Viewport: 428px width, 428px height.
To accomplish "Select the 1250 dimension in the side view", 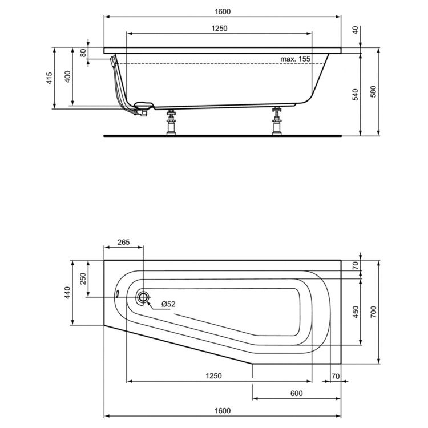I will click(x=219, y=29).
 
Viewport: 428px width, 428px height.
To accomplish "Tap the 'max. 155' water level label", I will click(x=295, y=59).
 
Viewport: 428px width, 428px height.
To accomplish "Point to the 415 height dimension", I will click(x=50, y=79).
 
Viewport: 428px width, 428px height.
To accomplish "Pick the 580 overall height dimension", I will click(x=374, y=93).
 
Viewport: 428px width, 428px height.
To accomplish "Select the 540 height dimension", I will click(x=355, y=95).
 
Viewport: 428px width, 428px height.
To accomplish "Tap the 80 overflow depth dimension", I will click(x=84, y=53).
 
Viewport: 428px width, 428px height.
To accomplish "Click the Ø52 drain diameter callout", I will click(x=168, y=304).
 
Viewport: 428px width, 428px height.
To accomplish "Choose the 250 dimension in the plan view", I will click(x=83, y=279).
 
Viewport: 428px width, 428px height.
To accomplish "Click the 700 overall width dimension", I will click(x=374, y=311).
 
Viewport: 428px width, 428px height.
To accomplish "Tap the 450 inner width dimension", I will click(x=355, y=312).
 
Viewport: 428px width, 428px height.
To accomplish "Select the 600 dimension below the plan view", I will click(x=296, y=393).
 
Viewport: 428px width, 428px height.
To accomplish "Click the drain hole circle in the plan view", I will click(x=143, y=297).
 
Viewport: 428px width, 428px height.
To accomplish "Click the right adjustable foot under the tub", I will click(x=277, y=121).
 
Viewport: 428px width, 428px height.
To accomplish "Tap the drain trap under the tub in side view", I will click(x=140, y=108).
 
